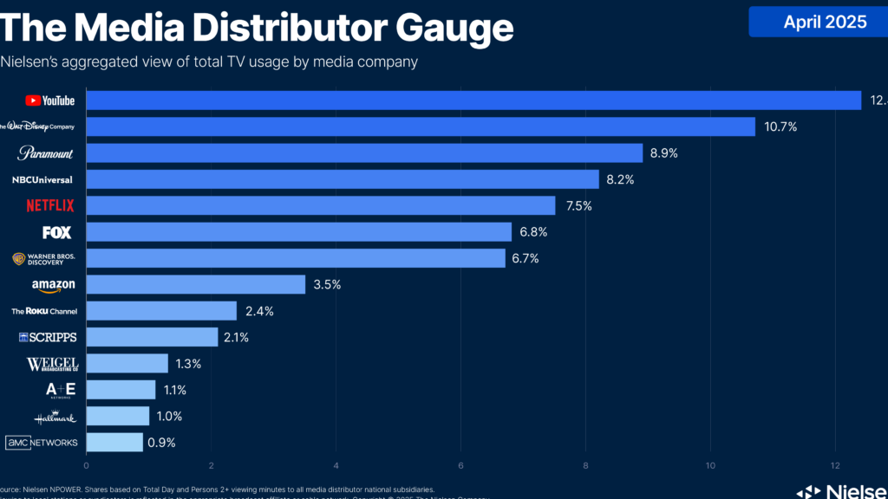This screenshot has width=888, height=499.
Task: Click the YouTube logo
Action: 50,100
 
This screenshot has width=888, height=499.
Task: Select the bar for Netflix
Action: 321,205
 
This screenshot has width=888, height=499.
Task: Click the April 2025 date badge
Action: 824,23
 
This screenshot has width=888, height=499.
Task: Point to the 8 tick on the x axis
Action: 586,464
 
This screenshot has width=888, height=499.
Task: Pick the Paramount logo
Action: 46,153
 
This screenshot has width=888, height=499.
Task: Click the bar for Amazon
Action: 196,285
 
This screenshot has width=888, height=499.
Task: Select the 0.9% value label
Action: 162,443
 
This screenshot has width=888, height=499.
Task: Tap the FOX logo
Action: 56,232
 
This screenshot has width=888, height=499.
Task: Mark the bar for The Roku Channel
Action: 161,311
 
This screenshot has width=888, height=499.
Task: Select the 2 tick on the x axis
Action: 212,464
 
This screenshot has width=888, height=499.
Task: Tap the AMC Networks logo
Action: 42,443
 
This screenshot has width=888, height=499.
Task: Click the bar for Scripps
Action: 152,337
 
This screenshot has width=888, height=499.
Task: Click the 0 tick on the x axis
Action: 87,464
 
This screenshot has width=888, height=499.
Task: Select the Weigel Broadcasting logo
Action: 52,364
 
